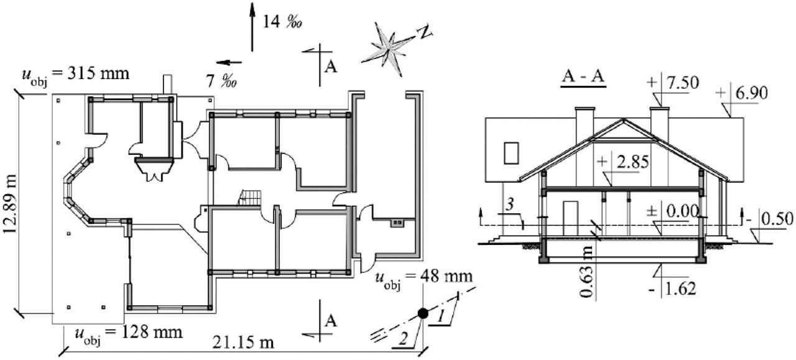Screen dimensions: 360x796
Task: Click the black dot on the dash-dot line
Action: click(423, 313)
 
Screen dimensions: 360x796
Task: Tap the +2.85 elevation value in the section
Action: click(631, 163)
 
